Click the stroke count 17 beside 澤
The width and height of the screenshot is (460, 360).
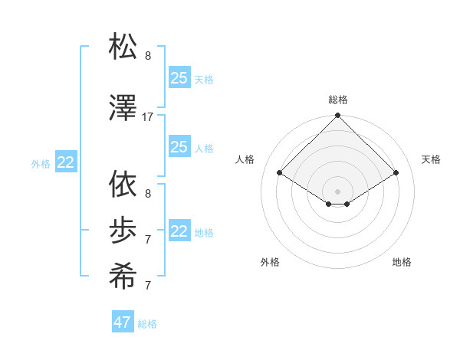(148, 117)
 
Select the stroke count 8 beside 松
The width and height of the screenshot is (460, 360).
(148, 56)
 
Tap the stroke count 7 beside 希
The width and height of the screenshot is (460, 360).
(148, 286)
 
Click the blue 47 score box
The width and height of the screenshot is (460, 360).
(123, 322)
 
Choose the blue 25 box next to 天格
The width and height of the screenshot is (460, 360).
(179, 78)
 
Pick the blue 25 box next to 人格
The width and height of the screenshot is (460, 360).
(179, 147)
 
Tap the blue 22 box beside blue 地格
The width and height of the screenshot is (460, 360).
(179, 231)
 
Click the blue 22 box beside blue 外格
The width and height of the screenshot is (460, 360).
(66, 162)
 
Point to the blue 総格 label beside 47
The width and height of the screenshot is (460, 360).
(147, 324)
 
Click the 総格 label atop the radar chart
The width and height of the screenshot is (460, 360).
(338, 100)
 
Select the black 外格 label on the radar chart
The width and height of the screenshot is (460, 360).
(270, 263)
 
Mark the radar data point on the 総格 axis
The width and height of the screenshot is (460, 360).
(338, 116)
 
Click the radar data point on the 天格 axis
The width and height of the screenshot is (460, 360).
(396, 173)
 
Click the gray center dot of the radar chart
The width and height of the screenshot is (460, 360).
(338, 191)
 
